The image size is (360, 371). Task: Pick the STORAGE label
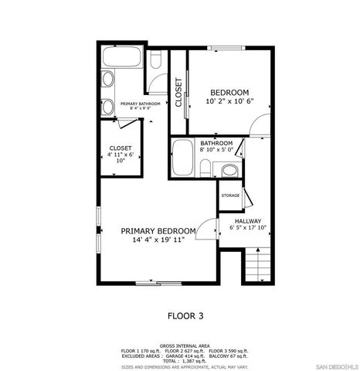[230, 196]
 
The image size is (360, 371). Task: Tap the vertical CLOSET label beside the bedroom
[178, 93]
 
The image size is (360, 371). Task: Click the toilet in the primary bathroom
[155, 59]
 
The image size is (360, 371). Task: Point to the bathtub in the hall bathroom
[183, 159]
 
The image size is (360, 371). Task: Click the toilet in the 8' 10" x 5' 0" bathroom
[206, 168]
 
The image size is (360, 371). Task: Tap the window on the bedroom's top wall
[229, 49]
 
